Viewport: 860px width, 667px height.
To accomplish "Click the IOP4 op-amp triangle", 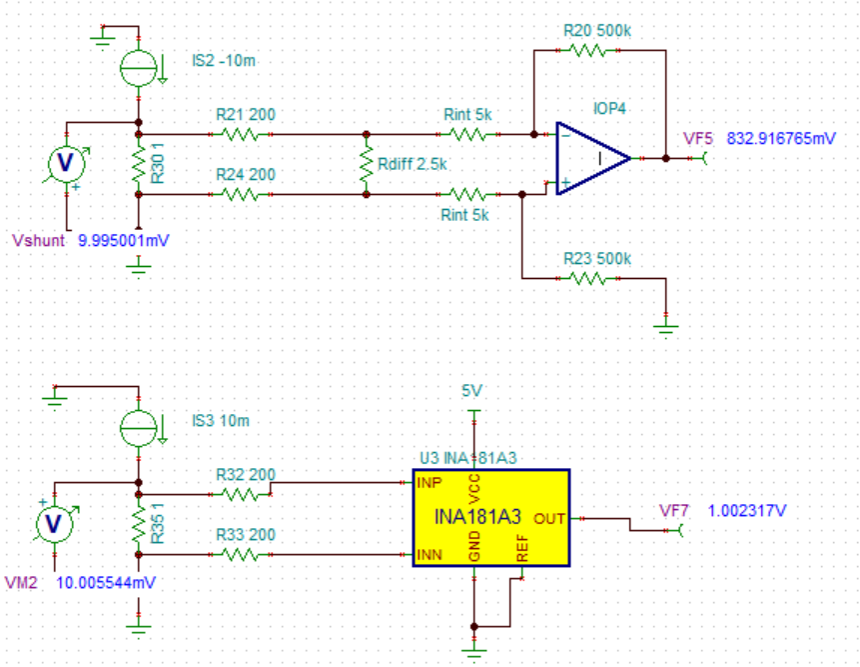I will pos(591,158).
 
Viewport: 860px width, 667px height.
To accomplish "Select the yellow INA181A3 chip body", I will pos(490,519).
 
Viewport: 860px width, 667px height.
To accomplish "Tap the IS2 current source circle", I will pos(138,67).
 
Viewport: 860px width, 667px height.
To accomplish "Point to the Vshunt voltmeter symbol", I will pos(67,163).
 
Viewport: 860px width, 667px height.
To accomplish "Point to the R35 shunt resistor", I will pos(138,524).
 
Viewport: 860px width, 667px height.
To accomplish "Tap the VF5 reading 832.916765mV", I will pos(780,138).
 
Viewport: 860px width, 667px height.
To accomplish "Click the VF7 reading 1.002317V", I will pos(747,511).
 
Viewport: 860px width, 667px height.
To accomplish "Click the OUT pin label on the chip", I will pos(548,519).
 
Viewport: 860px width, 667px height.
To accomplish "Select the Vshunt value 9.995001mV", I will pos(123,241).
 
